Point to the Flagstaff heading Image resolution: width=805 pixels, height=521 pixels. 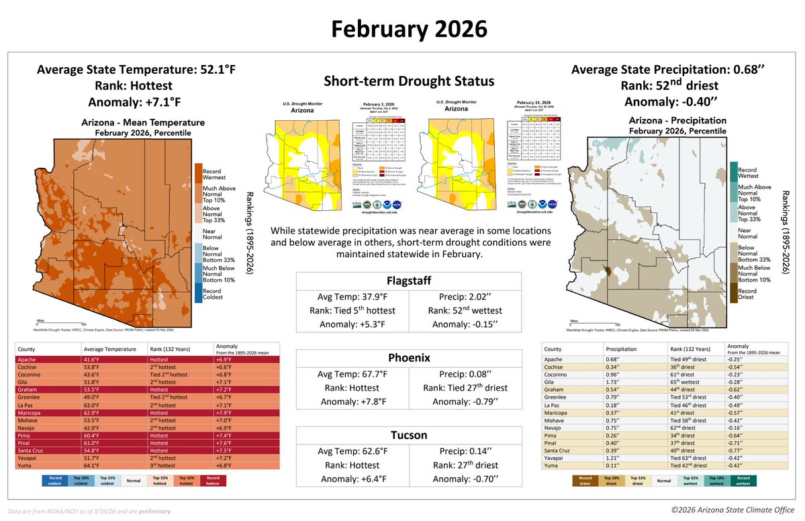point(408,280)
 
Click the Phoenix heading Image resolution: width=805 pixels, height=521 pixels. point(408,358)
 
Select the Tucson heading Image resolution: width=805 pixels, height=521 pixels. point(408,435)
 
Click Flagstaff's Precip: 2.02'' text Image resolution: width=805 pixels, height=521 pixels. point(465,296)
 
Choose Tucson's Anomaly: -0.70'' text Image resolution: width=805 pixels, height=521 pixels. point(465,479)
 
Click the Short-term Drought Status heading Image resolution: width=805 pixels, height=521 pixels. point(409,81)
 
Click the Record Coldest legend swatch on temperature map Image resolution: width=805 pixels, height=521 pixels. point(198,293)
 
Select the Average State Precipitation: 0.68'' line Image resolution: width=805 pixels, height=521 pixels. point(682,70)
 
